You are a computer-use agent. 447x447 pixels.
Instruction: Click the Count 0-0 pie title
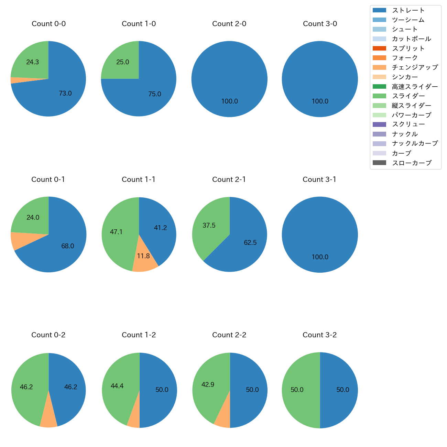coord(48,24)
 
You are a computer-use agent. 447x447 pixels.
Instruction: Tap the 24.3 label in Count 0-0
coord(32,62)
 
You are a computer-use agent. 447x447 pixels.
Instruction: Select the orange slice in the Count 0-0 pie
coord(13,80)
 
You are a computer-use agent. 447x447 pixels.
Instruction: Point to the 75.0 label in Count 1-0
coord(154,94)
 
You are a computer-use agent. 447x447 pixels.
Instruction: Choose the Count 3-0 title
coord(320,24)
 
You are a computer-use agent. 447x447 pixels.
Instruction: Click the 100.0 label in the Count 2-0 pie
coord(229,101)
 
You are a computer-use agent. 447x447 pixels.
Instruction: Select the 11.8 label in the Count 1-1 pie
coord(143,256)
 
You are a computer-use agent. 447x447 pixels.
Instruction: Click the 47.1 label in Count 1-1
coord(116,232)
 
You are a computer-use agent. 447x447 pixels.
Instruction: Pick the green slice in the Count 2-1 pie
coord(210,227)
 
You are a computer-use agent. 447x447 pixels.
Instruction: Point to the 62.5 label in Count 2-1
coord(250,243)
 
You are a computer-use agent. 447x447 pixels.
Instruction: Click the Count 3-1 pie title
coord(319,179)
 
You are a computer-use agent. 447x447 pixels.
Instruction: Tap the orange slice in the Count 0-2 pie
coord(48,421)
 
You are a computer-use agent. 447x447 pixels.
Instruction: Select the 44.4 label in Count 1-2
coord(117,386)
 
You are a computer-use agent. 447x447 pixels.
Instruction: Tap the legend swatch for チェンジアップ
coord(379,67)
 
